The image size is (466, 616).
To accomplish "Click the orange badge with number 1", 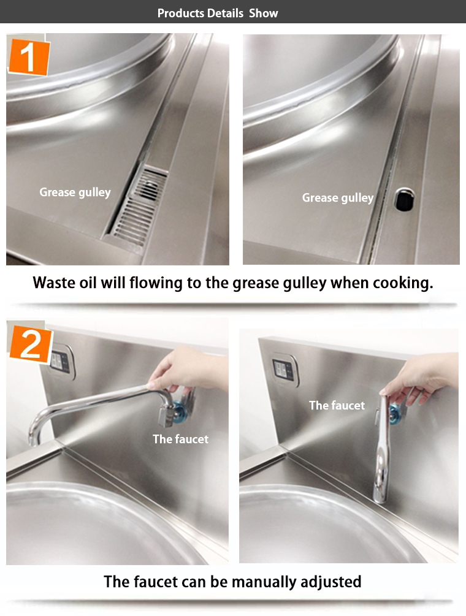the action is click(29, 57).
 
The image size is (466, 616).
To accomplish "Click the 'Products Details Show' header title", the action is click(218, 13).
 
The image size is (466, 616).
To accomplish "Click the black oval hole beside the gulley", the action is click(404, 199).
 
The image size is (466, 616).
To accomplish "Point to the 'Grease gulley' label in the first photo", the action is click(75, 192).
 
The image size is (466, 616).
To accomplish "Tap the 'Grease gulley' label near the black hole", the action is click(337, 197).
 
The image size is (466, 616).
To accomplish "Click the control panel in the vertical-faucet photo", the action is click(285, 369).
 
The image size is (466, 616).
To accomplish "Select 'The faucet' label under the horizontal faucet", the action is click(181, 439).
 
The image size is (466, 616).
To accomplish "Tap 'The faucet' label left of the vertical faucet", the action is click(337, 405).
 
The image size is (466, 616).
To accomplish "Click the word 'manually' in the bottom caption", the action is click(263, 582).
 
